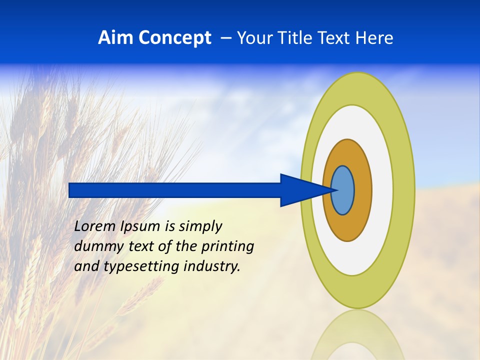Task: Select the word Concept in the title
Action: point(174,38)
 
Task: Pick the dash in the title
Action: point(225,38)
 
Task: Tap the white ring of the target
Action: point(382,190)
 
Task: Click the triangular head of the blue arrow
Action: point(300,190)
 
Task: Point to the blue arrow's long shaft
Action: point(175,190)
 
